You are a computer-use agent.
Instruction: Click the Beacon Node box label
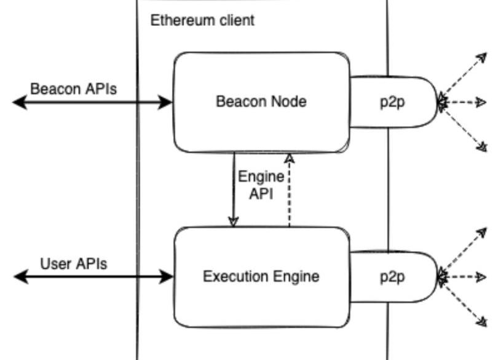tap(261, 101)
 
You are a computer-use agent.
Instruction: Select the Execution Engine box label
tap(261, 276)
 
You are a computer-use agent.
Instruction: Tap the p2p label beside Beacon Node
tap(392, 102)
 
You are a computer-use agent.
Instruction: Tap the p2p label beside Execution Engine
tap(392, 277)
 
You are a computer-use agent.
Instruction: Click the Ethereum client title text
tap(202, 20)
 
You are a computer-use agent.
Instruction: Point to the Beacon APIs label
tap(74, 88)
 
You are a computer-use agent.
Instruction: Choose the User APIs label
tap(74, 264)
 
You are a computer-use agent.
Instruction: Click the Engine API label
tap(261, 185)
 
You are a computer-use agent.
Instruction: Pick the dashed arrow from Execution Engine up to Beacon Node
tap(289, 190)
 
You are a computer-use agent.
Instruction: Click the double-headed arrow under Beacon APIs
tap(92, 103)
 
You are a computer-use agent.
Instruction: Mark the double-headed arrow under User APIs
tap(92, 277)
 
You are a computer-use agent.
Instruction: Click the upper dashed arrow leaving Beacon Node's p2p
tap(464, 77)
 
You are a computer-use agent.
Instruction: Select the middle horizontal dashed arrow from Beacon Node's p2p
tap(464, 103)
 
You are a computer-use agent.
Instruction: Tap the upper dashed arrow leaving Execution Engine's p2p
tap(464, 252)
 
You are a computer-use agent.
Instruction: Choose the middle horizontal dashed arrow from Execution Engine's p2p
tap(464, 277)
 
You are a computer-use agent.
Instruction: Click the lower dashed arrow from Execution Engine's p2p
tap(464, 301)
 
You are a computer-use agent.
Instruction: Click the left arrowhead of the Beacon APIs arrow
tap(18, 103)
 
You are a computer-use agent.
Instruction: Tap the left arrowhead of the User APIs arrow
tap(20, 277)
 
